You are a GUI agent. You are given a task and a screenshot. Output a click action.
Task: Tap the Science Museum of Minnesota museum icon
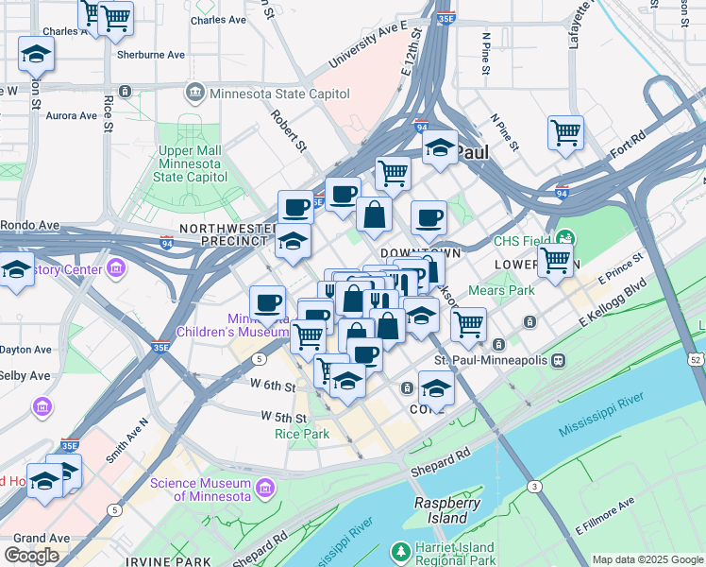point(266,488)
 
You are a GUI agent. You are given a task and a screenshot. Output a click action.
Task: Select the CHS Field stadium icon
point(565,237)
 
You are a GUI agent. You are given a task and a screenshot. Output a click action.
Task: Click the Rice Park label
point(301,434)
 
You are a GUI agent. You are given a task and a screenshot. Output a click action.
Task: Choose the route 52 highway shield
point(696,359)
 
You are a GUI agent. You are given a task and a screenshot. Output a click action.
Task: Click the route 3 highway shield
point(534,486)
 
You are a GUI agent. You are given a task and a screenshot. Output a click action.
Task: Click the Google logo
point(31,556)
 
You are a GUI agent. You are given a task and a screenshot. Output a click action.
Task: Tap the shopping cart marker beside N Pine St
point(565,133)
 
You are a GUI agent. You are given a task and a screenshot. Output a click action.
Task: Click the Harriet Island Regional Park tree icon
point(401,550)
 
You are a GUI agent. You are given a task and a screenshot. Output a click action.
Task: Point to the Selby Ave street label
point(25,375)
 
